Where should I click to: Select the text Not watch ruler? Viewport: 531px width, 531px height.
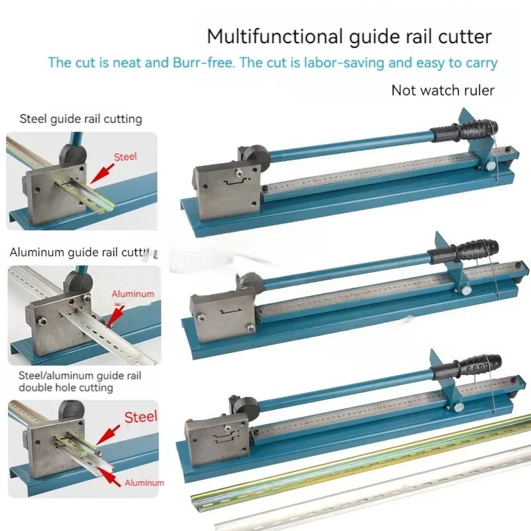443,90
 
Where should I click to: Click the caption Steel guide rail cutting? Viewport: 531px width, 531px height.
81,119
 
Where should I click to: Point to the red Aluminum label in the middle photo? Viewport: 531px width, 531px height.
133,293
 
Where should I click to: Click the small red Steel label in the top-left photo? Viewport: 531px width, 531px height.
125,157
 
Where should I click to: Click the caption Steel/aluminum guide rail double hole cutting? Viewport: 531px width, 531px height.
75,381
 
